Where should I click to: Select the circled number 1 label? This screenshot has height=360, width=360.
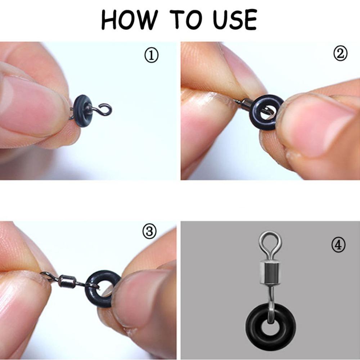click(152, 56)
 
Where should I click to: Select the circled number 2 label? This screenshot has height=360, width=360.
click(340, 54)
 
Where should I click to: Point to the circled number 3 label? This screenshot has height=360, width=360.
click(149, 231)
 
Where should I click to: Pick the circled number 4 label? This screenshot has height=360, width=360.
click(338, 245)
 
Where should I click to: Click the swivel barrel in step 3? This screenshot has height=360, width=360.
click(67, 281)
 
